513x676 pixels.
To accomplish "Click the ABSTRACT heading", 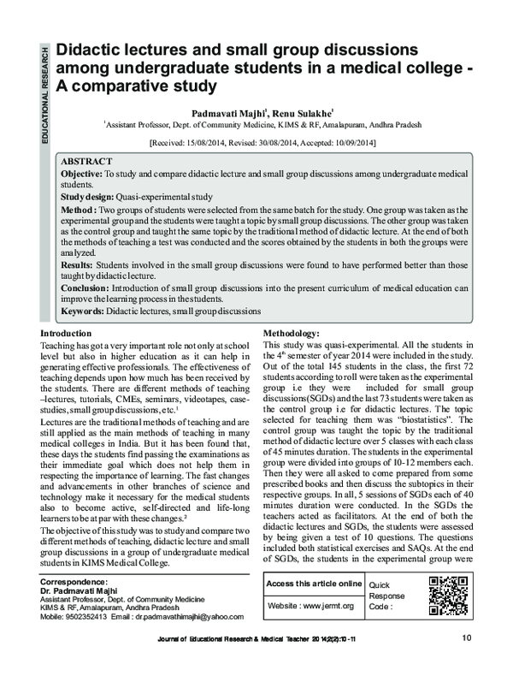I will [x=86, y=160].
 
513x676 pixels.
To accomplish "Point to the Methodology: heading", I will [x=292, y=332].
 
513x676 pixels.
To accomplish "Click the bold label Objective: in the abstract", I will [x=81, y=173].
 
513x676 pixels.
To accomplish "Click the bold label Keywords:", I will [x=84, y=311].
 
